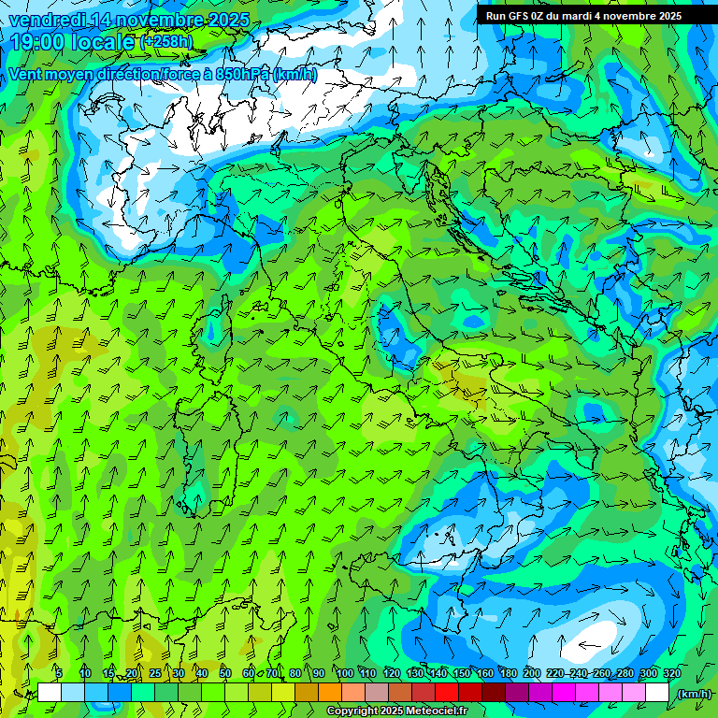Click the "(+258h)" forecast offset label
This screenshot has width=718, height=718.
point(168,42)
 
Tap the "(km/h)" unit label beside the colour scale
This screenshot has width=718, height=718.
point(693,694)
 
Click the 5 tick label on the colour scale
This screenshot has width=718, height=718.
point(58,673)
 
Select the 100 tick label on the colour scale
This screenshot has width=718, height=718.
point(345,673)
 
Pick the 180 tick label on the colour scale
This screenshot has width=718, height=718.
point(509,673)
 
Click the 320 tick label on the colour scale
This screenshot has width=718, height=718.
point(672,673)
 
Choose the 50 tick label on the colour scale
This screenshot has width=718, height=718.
point(225,673)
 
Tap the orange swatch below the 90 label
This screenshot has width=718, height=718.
point(330,693)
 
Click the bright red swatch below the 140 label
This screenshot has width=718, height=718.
point(447,693)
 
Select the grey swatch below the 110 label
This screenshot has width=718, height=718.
point(377,693)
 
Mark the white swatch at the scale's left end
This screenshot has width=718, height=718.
point(50,693)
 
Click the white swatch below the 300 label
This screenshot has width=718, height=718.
point(657,693)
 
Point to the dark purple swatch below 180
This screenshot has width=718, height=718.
point(517,693)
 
